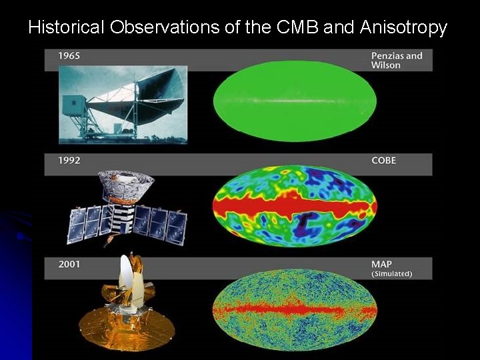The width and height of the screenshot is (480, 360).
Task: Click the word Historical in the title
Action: (x=67, y=27)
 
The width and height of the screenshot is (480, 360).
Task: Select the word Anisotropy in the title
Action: (x=403, y=27)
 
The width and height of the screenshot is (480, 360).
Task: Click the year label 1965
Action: (x=69, y=56)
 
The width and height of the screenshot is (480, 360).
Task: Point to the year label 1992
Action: (x=69, y=161)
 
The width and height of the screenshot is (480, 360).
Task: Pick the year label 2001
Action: (x=69, y=265)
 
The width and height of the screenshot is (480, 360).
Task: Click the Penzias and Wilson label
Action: (x=397, y=60)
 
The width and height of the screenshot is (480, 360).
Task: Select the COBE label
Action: (x=384, y=161)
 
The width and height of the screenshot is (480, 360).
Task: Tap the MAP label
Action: (x=381, y=265)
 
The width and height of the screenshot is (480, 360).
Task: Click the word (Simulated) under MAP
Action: (x=391, y=274)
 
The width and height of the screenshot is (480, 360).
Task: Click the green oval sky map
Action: (x=295, y=101)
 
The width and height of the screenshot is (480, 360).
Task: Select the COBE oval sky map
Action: (x=295, y=206)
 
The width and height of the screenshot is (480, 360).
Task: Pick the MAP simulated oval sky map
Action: (x=295, y=310)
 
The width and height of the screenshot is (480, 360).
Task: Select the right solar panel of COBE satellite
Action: (x=161, y=222)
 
